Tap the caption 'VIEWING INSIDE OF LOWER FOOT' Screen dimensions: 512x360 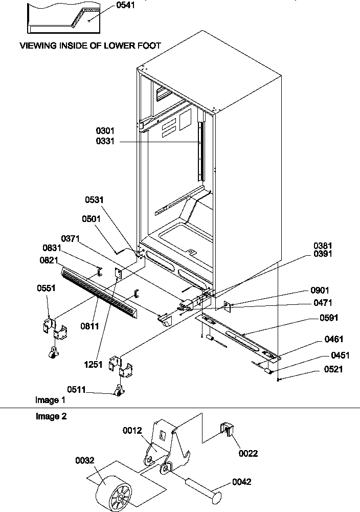[90, 46]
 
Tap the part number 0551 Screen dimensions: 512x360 [47, 288]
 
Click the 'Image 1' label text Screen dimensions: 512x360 [50, 399]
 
